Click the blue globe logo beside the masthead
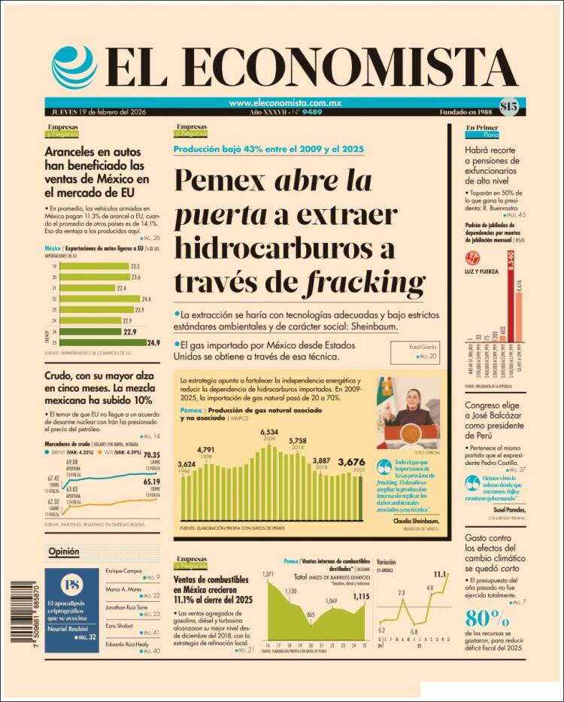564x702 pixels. pyautogui.click(x=74, y=66)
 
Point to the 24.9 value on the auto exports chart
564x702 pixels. pyautogui.click(x=153, y=343)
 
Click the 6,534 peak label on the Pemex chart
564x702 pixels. pyautogui.click(x=269, y=432)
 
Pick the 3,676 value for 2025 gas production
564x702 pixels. pyautogui.click(x=352, y=461)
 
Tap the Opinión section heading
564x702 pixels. pyautogui.click(x=63, y=552)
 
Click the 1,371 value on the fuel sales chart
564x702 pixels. pyautogui.click(x=268, y=575)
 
